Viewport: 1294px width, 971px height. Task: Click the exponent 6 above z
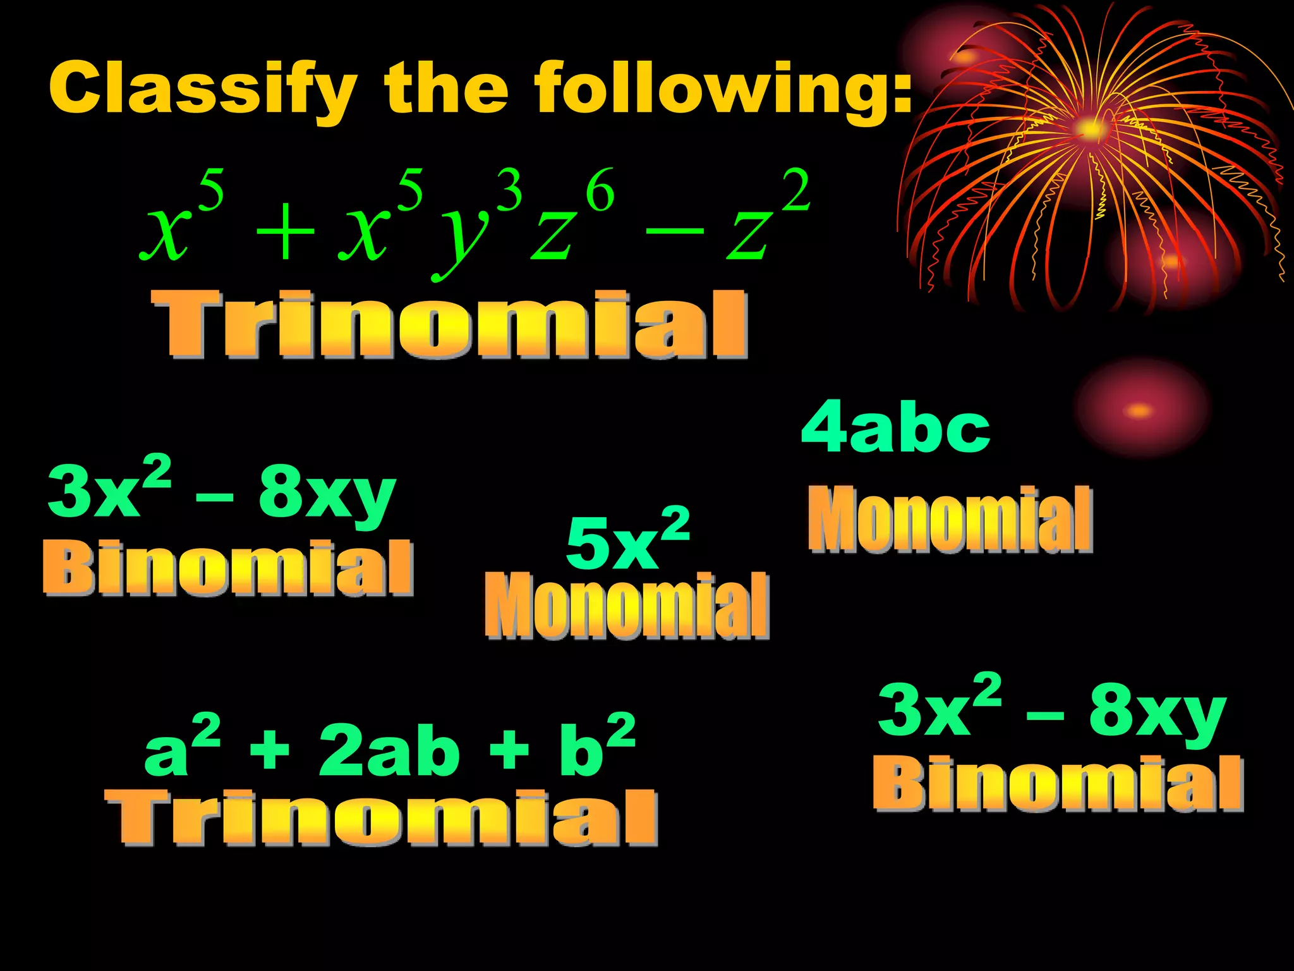click(x=600, y=190)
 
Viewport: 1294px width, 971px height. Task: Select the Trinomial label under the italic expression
click(x=450, y=324)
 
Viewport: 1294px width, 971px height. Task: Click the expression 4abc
click(x=895, y=429)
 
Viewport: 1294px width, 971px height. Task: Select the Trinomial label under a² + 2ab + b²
click(x=382, y=817)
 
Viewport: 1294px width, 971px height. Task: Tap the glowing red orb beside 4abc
click(x=1140, y=408)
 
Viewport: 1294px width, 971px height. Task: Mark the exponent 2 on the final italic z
click(x=795, y=190)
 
